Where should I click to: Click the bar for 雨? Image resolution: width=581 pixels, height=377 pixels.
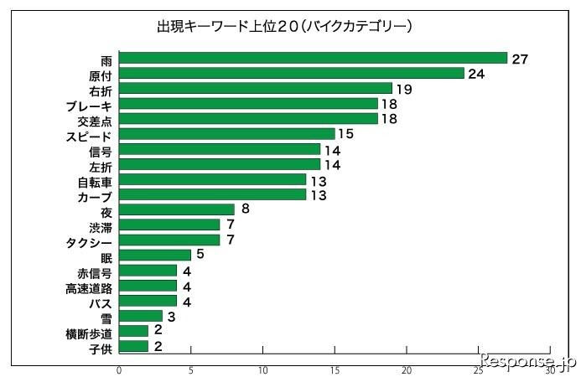coord(314,58)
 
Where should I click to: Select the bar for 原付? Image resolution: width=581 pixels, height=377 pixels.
coord(292,73)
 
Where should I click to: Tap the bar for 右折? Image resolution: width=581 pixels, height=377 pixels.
coord(256,88)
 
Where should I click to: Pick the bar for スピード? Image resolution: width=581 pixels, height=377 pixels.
coord(227,133)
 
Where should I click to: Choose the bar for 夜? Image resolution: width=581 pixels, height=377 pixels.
coord(177,209)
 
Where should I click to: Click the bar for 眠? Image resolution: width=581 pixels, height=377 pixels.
coord(155,255)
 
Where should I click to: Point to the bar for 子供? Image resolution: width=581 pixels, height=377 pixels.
coord(134,346)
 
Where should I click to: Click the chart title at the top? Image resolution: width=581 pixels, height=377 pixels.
coord(284,27)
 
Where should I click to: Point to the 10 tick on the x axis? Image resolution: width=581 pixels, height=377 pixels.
coord(263,369)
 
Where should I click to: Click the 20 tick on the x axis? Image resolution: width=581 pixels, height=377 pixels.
coord(407,369)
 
